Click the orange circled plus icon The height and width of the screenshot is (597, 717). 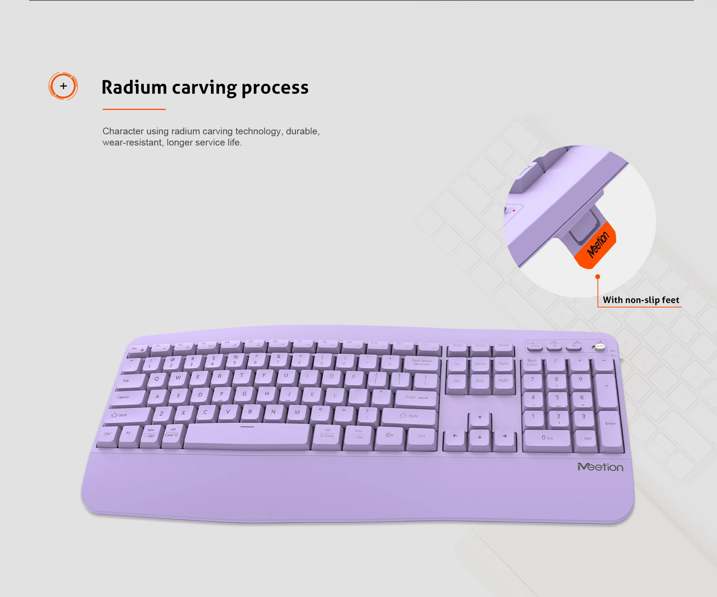63,86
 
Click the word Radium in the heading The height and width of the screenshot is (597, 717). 134,88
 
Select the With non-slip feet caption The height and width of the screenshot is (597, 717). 641,300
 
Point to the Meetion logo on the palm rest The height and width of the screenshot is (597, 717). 600,467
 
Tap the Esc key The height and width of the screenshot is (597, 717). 137,349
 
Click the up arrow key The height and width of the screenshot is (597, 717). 480,418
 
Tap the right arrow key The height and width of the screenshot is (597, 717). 505,437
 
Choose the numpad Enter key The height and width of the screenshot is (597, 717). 611,425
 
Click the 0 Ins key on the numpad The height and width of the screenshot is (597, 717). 547,438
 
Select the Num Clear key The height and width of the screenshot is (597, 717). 532,363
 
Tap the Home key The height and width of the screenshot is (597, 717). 480,364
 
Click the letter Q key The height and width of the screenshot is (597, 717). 156,379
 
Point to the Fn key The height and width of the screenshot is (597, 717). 128,434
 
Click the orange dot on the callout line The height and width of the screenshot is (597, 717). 597,276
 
